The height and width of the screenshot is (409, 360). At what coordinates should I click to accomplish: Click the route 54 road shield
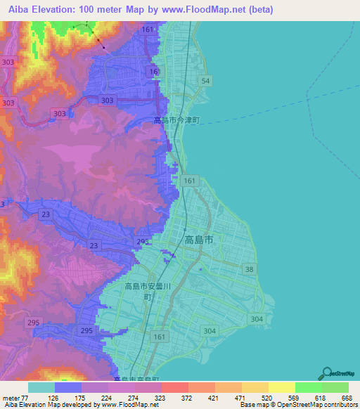pos(205,82)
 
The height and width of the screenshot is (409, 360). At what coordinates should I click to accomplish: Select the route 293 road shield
pos(143,242)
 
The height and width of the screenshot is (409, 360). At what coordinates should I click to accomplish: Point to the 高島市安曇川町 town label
pos(147,291)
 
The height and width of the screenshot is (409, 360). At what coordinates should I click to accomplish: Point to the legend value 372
pos(188,398)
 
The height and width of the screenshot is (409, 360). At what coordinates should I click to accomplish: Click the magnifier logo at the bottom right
pos(328,374)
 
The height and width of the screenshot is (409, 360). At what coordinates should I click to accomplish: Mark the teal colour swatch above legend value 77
pos(41,387)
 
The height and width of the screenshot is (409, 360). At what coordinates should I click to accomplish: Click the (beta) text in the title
pos(254,9)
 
